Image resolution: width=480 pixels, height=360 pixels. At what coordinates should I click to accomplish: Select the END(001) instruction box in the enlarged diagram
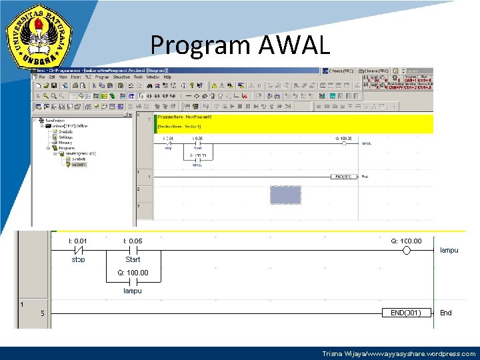coord(401,313)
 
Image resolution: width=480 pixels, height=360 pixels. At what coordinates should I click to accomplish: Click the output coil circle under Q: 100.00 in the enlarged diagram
coord(407,251)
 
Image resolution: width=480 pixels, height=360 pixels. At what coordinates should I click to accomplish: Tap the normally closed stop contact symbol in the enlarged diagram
coord(78,251)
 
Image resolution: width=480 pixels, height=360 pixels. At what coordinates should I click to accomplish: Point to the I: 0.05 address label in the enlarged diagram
coord(133,241)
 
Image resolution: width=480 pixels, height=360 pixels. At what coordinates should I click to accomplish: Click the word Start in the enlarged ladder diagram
coord(133,259)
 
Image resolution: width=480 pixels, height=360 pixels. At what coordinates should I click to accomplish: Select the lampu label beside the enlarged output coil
coord(449,251)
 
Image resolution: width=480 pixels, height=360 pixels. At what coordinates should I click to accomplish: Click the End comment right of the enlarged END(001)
coord(445,313)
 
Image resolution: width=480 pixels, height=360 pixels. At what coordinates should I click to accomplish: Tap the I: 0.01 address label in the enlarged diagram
coord(78,241)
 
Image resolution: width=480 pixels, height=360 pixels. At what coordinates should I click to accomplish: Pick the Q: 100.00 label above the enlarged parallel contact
coord(133,273)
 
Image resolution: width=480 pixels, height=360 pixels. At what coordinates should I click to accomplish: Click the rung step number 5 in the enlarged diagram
coord(42,314)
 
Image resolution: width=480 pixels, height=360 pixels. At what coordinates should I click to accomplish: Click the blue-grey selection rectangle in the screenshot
coord(285,195)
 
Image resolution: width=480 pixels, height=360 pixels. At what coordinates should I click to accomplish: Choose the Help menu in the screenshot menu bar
coord(167,77)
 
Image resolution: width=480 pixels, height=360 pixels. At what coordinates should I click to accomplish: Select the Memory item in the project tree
coord(65,143)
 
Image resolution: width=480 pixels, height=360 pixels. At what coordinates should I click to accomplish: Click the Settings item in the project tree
coord(66,137)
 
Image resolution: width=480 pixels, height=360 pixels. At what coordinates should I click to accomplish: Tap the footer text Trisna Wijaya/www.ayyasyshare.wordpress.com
coord(399,354)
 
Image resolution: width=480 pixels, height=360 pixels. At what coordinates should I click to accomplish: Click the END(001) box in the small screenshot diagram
coord(344,177)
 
